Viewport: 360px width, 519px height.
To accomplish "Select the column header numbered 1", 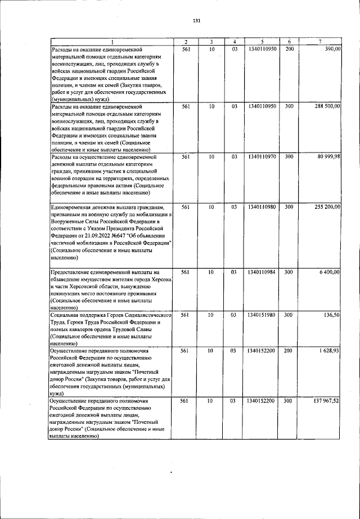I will coord(111,42).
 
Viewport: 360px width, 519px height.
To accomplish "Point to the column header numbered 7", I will coord(319,42).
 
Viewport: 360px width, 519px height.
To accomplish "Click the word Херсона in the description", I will coord(160,279).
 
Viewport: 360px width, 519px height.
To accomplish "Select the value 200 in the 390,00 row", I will coord(289,50).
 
